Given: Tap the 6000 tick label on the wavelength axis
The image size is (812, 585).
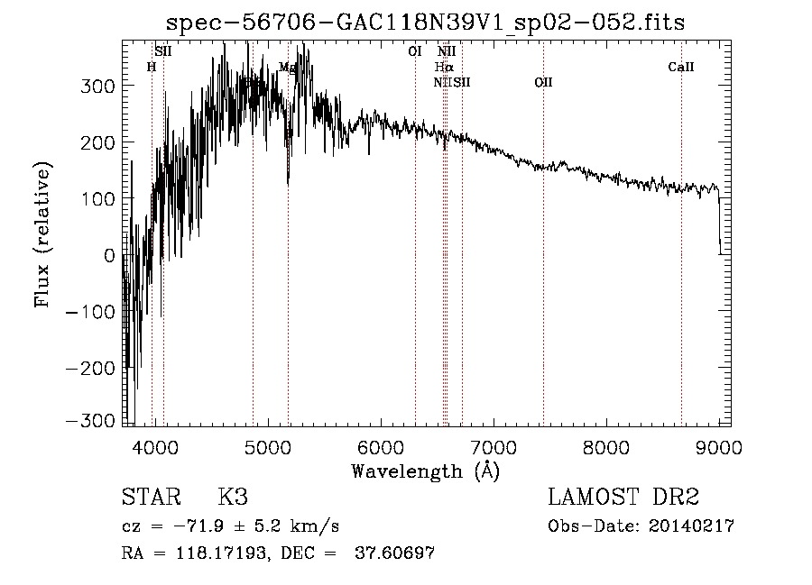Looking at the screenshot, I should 381,444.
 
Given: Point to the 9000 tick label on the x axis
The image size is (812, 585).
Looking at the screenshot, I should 719,444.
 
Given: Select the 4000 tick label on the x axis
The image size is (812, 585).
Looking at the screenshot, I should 155,444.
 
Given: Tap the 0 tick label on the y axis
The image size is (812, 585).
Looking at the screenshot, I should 110,255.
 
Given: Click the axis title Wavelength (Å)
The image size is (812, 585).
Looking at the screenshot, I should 425,470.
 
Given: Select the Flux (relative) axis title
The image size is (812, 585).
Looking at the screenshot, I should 42,234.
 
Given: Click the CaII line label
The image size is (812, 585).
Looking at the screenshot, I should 681,67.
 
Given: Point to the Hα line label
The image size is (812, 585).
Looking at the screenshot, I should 443,67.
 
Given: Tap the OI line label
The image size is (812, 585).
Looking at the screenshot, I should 415,51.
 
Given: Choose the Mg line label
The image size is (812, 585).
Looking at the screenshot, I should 287,67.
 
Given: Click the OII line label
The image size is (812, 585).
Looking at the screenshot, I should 543,82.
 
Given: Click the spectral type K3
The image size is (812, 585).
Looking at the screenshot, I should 233,497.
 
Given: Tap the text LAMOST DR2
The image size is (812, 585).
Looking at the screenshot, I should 623,497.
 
